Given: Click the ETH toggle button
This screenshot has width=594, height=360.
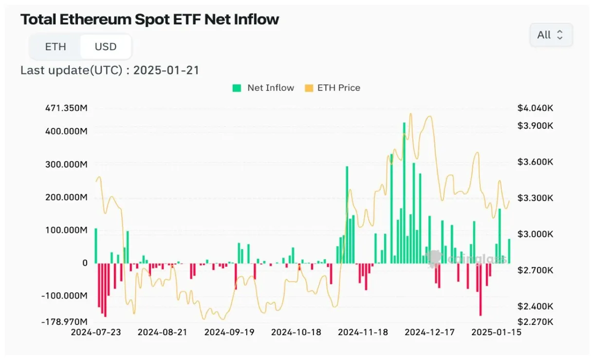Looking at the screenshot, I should pos(56,47).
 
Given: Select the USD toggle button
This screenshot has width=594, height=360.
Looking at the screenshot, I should pos(106,47).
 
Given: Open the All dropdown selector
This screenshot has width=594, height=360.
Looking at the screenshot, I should pos(551,35).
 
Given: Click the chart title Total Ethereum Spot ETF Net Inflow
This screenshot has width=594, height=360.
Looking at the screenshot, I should pos(149,19).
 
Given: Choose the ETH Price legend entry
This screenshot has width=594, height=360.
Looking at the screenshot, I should pos(333,88).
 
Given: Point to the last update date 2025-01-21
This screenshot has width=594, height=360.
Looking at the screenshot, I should pos(166,70).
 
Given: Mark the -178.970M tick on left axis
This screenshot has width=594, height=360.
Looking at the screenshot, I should pos(65,322).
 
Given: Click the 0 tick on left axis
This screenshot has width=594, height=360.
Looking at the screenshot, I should pos(85,263).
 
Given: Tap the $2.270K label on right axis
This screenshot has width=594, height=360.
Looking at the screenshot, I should pos(536,322).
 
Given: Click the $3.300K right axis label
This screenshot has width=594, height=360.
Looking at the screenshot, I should pos(536,198).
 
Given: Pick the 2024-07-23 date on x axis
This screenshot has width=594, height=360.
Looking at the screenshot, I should pos(95,332).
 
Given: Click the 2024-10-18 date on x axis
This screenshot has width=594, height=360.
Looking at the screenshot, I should pos(296,332).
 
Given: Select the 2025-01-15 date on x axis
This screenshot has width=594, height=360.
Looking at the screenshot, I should pos(496,332).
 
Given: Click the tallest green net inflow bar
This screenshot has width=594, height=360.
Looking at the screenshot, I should pos(404,195).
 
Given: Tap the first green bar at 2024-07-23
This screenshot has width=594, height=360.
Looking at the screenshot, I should pos(96,246).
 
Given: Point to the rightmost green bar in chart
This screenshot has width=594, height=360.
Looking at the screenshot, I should pos(509,251).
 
